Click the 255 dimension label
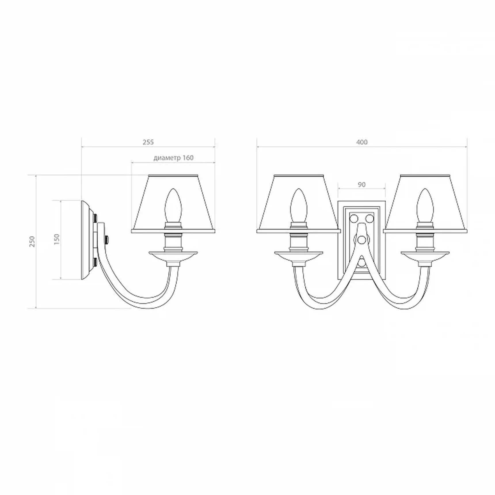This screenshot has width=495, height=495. [x=148, y=142]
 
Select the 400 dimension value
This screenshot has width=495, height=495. [x=362, y=142]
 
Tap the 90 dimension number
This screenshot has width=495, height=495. [x=362, y=184]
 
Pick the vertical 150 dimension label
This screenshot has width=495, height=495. [x=57, y=239]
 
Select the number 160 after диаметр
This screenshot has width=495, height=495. [x=188, y=158]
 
